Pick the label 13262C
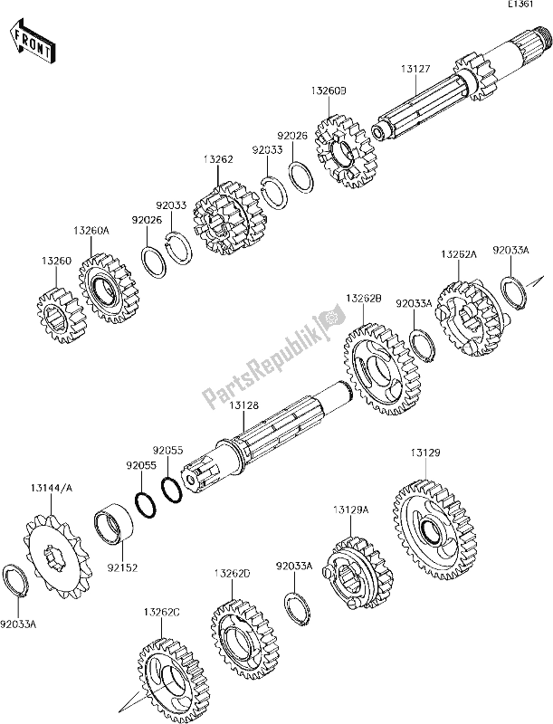pos(162,613)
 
